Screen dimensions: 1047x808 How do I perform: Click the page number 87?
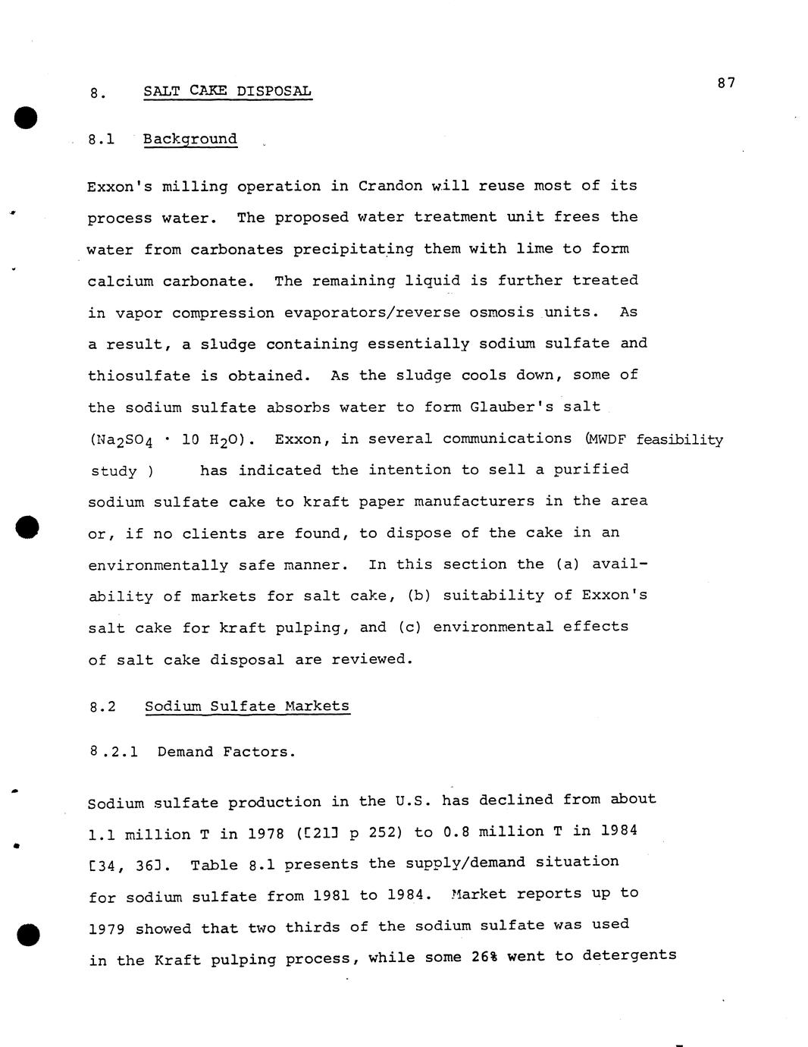725,83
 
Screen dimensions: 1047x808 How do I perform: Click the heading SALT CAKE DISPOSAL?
227,92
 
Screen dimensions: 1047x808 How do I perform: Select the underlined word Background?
190,139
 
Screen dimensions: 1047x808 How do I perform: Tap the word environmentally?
158,565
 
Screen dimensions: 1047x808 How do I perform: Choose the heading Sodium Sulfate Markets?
247,706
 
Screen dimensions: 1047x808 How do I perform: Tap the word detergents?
629,955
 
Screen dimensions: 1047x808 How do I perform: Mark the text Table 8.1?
225,866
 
